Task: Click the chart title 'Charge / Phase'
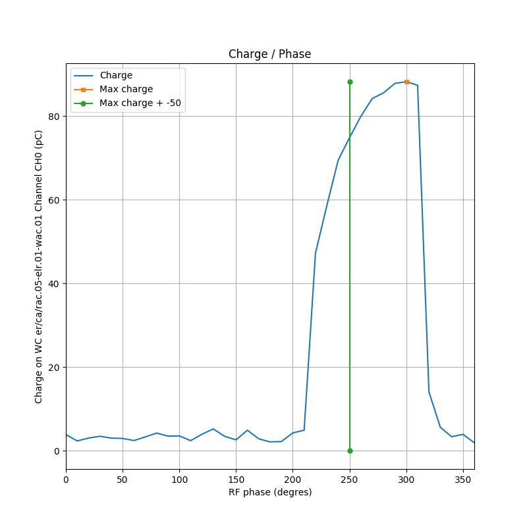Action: point(269,55)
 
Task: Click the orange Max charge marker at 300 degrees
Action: point(406,82)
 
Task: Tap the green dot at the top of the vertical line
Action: point(350,82)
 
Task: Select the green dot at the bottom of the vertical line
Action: point(350,451)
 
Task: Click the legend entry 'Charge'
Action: point(116,76)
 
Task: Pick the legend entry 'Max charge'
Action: point(126,89)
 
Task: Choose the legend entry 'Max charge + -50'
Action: point(140,103)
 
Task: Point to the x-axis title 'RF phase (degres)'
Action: point(269,492)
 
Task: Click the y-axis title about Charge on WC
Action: point(39,266)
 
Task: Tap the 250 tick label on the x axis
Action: point(350,478)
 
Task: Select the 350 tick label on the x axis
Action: point(463,478)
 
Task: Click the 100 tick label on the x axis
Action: point(179,478)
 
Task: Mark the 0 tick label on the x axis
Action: point(66,478)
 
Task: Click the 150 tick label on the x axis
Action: point(236,478)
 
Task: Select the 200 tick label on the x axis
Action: point(292,478)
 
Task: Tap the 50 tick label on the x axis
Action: point(123,478)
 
